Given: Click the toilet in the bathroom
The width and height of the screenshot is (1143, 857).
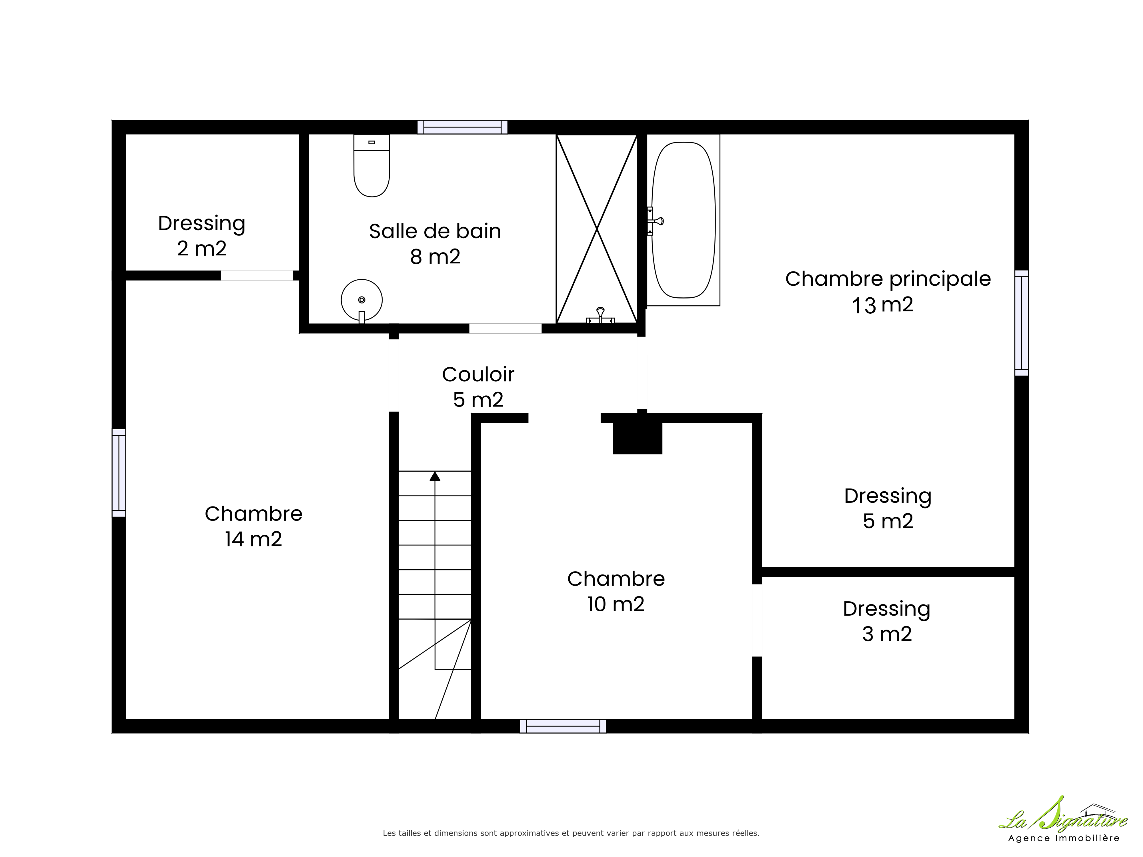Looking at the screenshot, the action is [371, 165].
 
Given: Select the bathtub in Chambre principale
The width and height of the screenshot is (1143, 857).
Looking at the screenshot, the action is [684, 220].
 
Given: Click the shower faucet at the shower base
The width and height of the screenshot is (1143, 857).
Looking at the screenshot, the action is [600, 316].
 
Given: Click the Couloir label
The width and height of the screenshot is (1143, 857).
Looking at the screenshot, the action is [478, 375].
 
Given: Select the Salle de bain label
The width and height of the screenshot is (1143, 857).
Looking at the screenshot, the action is [435, 231].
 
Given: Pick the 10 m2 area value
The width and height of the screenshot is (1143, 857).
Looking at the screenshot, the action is [616, 604].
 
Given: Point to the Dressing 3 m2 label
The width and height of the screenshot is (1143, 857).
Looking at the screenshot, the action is [887, 621].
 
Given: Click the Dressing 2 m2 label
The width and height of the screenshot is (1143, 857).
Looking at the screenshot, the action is [201, 236].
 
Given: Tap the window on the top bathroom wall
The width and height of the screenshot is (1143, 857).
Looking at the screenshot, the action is [462, 127].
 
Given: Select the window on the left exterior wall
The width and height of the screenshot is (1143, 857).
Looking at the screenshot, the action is [119, 473].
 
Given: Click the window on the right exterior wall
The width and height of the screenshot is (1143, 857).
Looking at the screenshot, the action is [1022, 323].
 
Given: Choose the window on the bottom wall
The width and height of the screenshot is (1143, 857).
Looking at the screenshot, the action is [563, 726].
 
